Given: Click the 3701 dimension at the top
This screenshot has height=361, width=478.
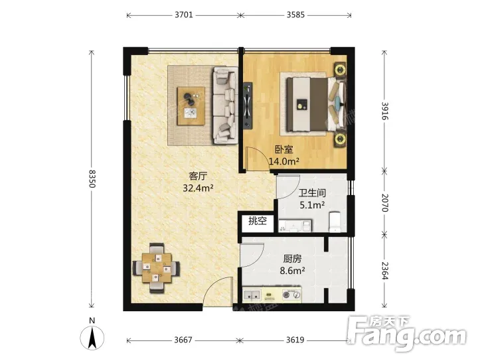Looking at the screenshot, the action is tap(184, 15).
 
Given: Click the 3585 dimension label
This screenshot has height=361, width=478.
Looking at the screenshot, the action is tap(295, 15).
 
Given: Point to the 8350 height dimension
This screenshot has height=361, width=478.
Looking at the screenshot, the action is tap(92, 179).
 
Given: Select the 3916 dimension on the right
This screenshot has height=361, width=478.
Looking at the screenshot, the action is tap(385, 111).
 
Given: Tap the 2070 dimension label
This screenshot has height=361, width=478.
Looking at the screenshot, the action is tap(385, 202).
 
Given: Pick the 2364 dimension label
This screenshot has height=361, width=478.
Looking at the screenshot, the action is tap(385, 271).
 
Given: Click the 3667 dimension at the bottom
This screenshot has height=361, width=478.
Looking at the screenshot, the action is tap(183, 339).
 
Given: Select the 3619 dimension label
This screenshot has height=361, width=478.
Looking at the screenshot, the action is tap(295, 339).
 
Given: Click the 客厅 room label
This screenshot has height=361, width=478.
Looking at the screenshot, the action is tap(198, 176).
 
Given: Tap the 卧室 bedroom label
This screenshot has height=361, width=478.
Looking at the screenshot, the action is tap(284, 149).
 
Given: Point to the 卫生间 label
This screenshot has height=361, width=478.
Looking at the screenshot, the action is tap(312, 193).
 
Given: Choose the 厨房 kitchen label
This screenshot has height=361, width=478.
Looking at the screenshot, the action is tap(292, 259).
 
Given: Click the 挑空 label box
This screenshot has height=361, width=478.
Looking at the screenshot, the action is tap(258, 221).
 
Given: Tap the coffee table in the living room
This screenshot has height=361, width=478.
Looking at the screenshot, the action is tap(191, 106).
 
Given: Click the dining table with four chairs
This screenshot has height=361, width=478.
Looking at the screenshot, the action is tap(157, 268).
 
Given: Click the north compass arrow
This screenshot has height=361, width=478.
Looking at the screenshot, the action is tap(92, 337).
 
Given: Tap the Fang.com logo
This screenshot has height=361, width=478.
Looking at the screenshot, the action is tap(407, 334).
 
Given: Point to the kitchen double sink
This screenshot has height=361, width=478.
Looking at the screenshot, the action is tap(252, 295).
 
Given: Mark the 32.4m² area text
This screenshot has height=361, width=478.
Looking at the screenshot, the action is tap(198, 188).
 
